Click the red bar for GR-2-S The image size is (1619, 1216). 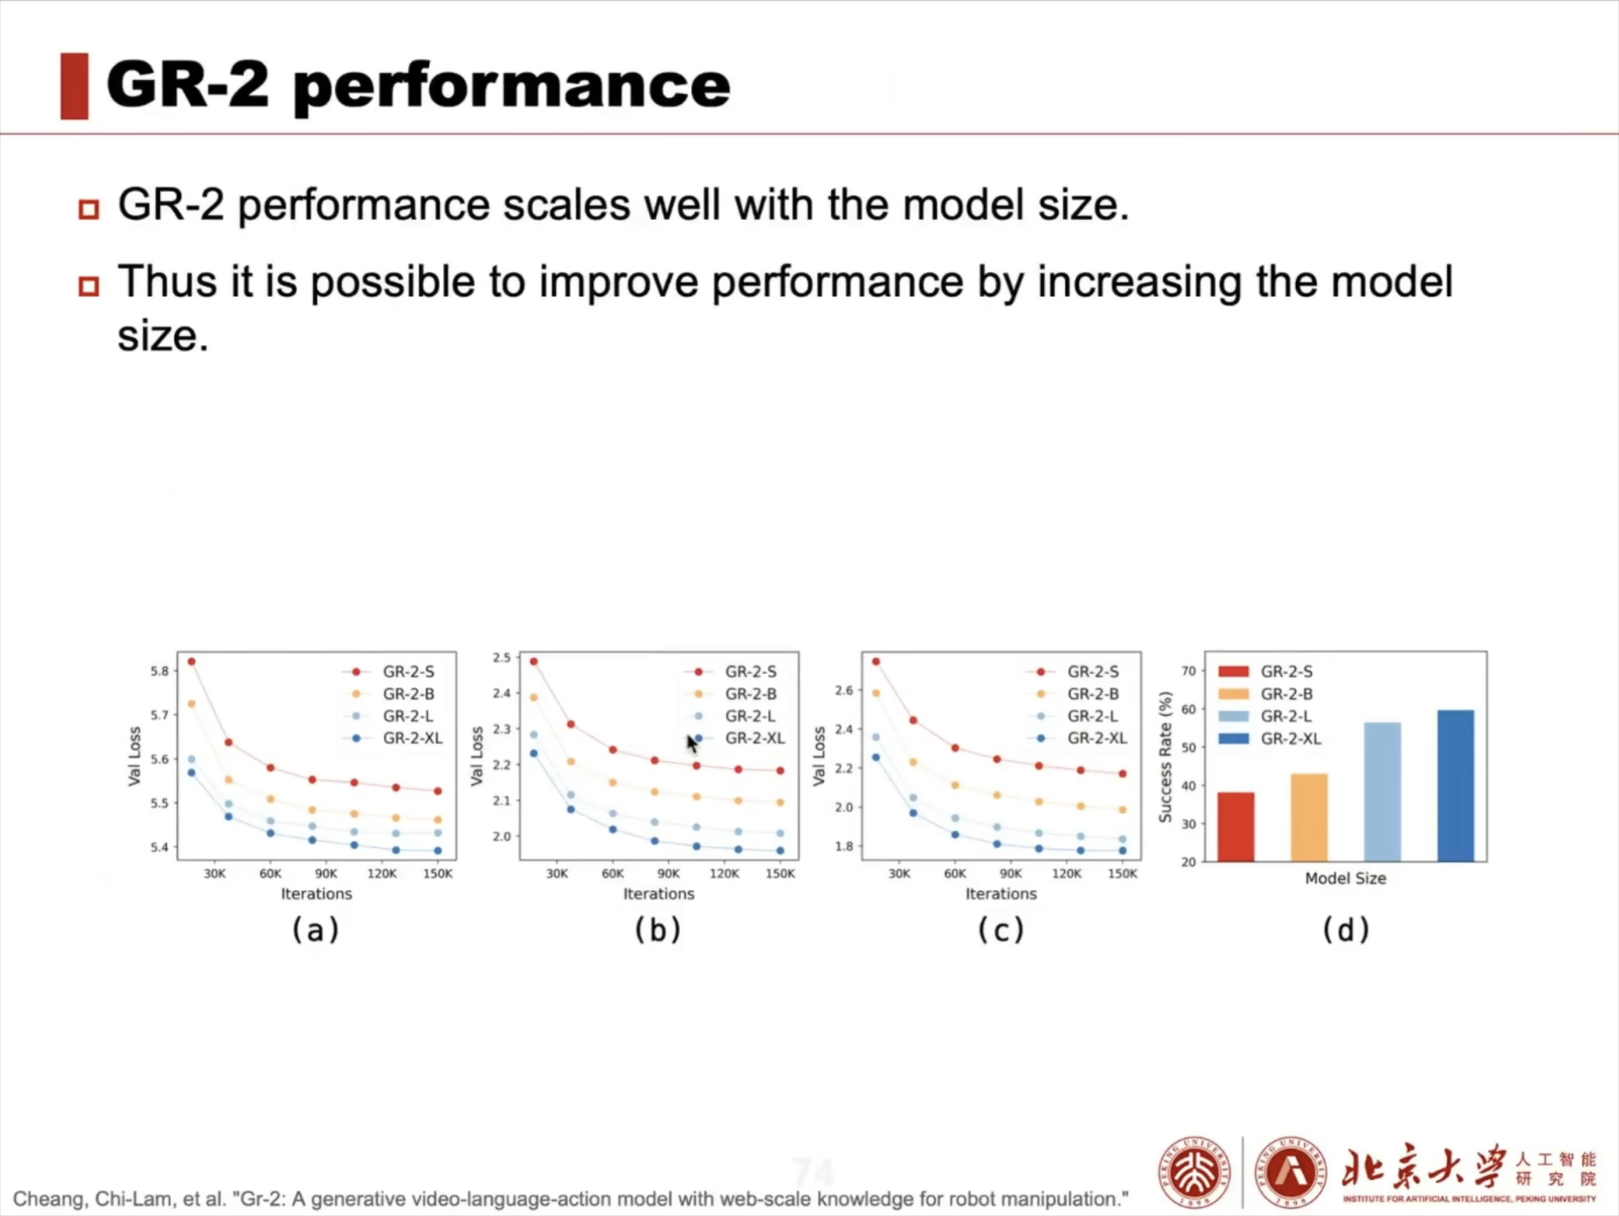tap(1235, 826)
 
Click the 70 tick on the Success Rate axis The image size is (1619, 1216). tap(1188, 671)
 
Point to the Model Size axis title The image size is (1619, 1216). tap(1345, 878)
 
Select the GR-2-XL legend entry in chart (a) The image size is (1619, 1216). tap(412, 738)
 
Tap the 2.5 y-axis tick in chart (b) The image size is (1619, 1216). tap(501, 658)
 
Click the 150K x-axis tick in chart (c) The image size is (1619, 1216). tap(1123, 874)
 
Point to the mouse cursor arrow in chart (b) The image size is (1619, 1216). tap(692, 743)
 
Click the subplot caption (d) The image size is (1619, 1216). tap(1345, 930)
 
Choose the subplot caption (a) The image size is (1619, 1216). tap(316, 930)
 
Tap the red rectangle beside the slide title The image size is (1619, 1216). tap(74, 85)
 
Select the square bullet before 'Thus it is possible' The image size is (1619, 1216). tap(89, 285)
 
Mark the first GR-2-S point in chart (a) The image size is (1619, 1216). tap(192, 662)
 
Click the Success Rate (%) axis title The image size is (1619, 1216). tap(1165, 757)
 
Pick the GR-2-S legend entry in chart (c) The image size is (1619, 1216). tap(1093, 671)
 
